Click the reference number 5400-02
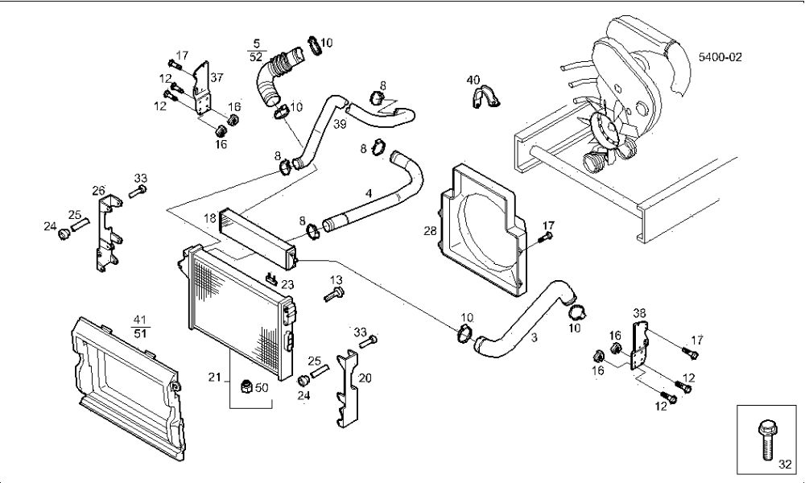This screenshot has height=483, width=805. point(720,57)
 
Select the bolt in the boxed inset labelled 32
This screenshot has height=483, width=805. point(766,440)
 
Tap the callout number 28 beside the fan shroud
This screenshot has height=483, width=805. point(430,231)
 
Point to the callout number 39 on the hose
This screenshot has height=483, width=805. point(340,124)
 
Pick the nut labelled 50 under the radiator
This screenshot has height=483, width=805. point(247,386)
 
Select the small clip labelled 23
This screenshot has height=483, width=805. point(271,279)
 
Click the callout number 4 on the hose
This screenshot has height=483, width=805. point(368,193)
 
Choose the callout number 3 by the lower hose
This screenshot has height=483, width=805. point(535,337)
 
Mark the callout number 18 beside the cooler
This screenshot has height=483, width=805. point(210,219)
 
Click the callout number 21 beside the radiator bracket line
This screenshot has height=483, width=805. point(215,378)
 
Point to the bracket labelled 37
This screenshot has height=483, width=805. point(203,89)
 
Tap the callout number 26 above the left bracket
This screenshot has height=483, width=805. point(98,191)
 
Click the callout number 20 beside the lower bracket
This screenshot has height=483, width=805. point(365,378)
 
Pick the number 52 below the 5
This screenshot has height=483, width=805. point(257,56)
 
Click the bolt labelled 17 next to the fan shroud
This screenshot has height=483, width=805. point(545,237)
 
